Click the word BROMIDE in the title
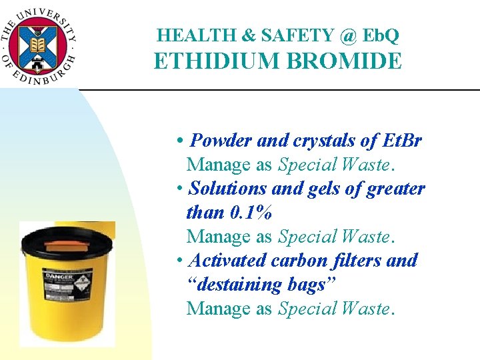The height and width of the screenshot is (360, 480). tap(345, 61)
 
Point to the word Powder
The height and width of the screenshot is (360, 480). tap(221, 141)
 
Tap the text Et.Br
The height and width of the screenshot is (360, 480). tap(403, 141)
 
